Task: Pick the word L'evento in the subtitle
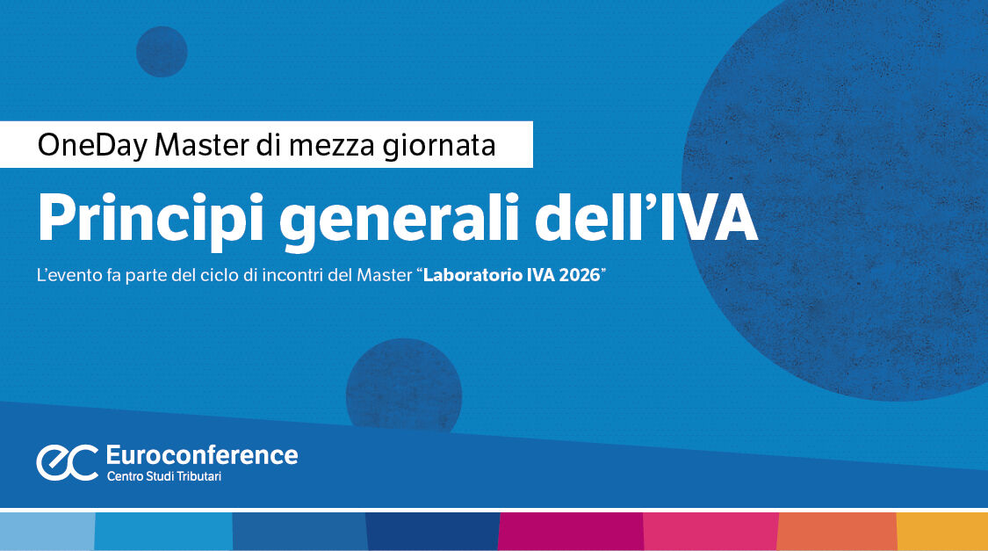pyautogui.click(x=67, y=275)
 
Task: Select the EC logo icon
pyautogui.click(x=67, y=462)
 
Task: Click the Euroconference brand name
pyautogui.click(x=201, y=455)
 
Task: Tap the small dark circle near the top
pyautogui.click(x=162, y=52)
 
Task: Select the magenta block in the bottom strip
pyautogui.click(x=571, y=532)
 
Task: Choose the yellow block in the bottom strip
pyautogui.click(x=941, y=532)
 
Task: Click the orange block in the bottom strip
pyautogui.click(x=837, y=532)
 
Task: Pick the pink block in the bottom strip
pyautogui.click(x=710, y=532)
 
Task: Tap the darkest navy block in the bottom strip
pyautogui.click(x=432, y=532)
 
